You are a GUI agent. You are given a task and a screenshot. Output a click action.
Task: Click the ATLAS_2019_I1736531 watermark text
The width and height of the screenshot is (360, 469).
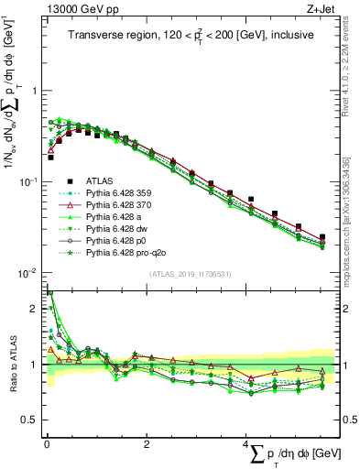190,274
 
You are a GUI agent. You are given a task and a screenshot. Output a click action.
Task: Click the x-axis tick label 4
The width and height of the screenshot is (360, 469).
245,442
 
